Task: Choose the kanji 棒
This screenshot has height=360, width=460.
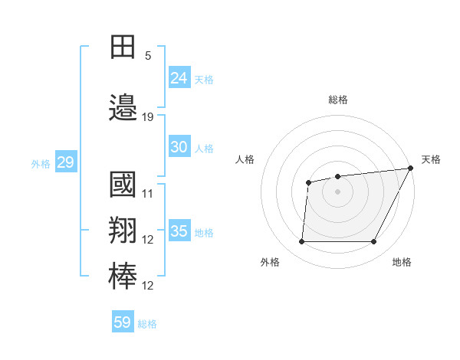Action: pyautogui.click(x=123, y=277)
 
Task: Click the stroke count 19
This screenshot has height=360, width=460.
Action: pyautogui.click(x=148, y=117)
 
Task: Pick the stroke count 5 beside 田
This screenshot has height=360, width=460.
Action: pyautogui.click(x=148, y=56)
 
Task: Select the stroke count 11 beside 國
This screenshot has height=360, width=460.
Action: pyautogui.click(x=148, y=194)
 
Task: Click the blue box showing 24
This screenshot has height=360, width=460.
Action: pyautogui.click(x=179, y=77)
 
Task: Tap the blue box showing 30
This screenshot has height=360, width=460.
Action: pyautogui.click(x=179, y=147)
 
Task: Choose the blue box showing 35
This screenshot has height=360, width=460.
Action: pyautogui.click(x=179, y=231)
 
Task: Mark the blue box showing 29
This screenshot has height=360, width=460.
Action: pyautogui.click(x=65, y=162)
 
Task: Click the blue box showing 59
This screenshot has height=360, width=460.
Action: pyautogui.click(x=123, y=322)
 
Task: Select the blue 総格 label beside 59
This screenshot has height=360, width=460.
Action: pyautogui.click(x=147, y=324)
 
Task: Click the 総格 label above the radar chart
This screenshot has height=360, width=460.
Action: pyautogui.click(x=337, y=100)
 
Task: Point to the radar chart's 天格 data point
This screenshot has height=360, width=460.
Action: pyautogui.click(x=410, y=169)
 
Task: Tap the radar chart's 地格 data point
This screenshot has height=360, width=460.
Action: pyautogui.click(x=374, y=242)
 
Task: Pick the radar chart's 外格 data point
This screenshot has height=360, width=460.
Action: pyautogui.click(x=301, y=242)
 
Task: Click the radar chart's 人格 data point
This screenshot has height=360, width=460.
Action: pyautogui.click(x=308, y=182)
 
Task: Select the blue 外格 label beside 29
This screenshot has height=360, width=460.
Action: pyautogui.click(x=41, y=164)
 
